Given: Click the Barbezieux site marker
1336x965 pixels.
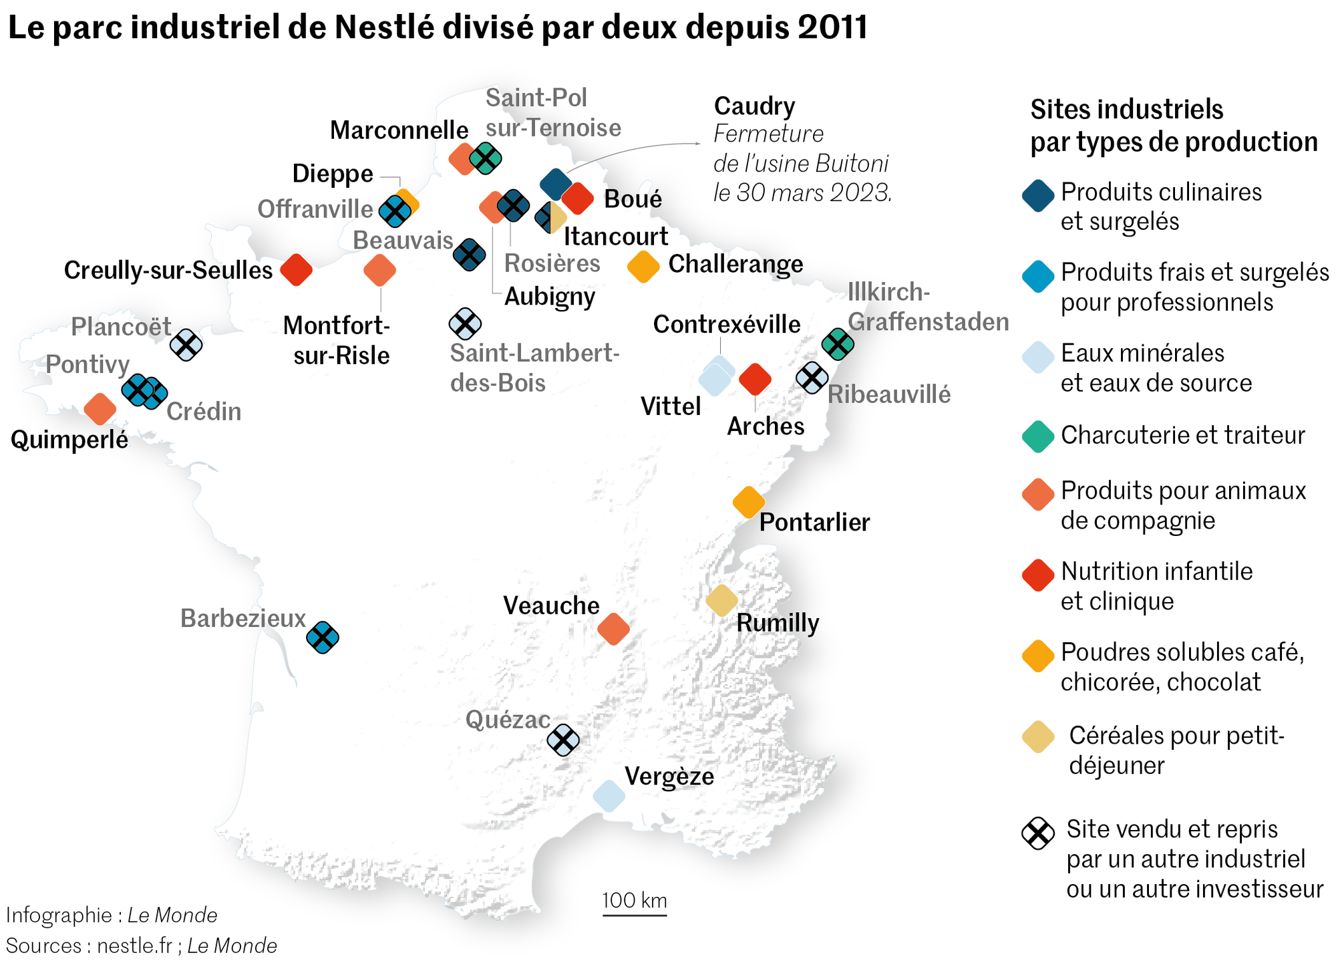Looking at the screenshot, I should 323,637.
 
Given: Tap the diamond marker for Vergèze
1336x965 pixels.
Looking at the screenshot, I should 609,796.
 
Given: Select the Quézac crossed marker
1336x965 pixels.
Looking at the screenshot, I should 563,740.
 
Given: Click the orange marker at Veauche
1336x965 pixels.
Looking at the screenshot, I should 613,628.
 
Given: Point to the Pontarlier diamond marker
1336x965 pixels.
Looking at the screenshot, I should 749,502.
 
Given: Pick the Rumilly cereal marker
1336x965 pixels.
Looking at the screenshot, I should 722,600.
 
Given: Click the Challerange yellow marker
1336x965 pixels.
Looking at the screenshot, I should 644,267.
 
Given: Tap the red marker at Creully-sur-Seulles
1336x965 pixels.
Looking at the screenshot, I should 297,270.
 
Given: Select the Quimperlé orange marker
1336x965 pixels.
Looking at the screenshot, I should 100,409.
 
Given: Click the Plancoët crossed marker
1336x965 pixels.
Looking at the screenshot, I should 186,345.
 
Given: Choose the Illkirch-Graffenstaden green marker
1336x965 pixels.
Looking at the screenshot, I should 838,344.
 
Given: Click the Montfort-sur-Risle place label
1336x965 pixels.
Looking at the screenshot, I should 337,340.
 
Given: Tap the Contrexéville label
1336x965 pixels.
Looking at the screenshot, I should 727,324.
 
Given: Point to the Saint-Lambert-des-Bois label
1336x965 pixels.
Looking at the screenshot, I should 534,368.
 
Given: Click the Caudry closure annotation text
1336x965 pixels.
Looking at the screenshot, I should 802,163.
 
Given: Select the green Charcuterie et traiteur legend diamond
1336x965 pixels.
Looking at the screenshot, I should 1038,436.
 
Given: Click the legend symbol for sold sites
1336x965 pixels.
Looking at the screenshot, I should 1038,833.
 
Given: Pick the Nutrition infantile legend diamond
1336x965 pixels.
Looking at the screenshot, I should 1038,575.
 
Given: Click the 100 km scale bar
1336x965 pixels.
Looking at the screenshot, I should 635,914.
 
